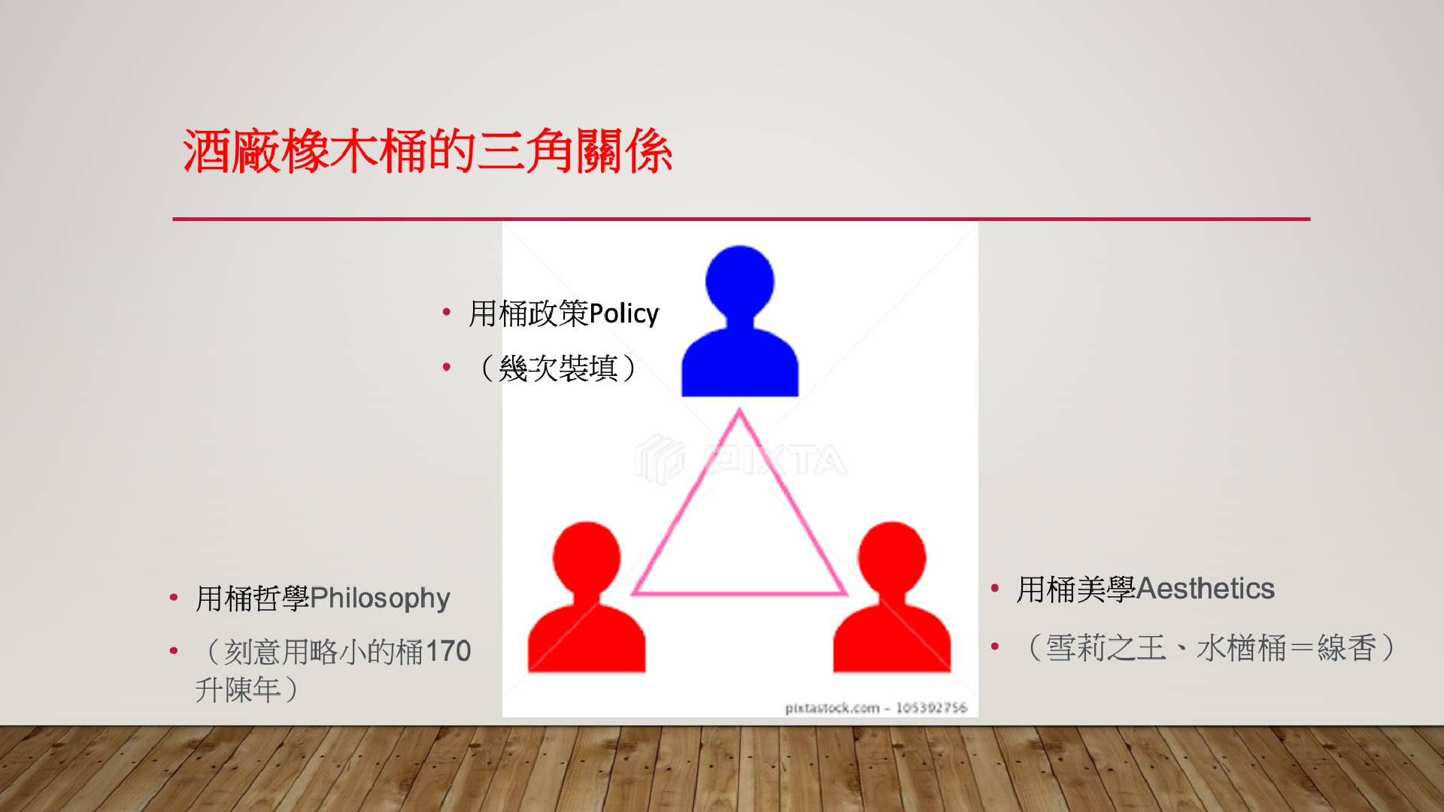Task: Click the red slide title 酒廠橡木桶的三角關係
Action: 427,151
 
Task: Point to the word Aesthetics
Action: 1206,589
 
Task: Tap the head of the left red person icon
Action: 587,557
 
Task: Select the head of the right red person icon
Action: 892,557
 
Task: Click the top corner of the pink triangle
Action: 739,410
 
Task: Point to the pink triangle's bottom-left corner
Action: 633,593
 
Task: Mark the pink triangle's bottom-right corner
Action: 845,593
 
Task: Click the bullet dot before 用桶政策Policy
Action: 447,312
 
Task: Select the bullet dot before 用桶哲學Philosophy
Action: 174,598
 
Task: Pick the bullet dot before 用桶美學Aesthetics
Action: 995,588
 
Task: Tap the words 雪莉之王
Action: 1106,648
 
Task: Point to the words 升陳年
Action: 238,689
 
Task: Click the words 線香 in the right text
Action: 1347,648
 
